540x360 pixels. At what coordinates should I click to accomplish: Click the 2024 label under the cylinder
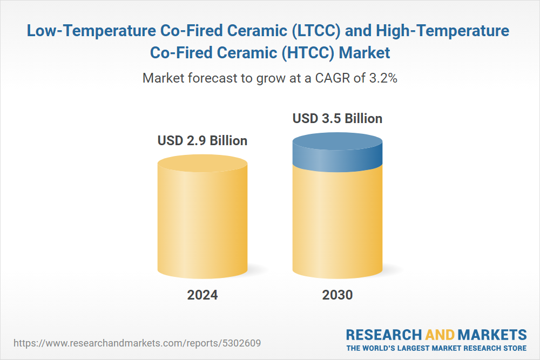pyautogui.click(x=202, y=295)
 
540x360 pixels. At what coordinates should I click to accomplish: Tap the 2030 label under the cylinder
pyautogui.click(x=337, y=295)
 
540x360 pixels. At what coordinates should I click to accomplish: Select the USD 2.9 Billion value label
pyautogui.click(x=202, y=140)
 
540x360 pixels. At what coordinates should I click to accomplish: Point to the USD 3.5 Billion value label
pyautogui.click(x=337, y=118)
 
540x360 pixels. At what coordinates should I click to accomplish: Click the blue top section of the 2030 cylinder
pyautogui.click(x=337, y=152)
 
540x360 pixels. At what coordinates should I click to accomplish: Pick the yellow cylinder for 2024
pyautogui.click(x=202, y=217)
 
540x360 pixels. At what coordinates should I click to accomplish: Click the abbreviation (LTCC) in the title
pyautogui.click(x=316, y=31)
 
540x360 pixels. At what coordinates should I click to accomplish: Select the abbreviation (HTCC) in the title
pyautogui.click(x=308, y=53)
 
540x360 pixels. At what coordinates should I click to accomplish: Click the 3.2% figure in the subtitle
pyautogui.click(x=383, y=78)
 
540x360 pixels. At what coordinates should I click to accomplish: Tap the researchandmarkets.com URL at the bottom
pyautogui.click(x=137, y=343)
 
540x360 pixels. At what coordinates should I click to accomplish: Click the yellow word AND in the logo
pyautogui.click(x=440, y=335)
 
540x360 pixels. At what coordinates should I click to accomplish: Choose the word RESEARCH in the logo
pyautogui.click(x=383, y=335)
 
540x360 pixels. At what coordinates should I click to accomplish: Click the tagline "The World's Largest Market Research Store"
pyautogui.click(x=436, y=348)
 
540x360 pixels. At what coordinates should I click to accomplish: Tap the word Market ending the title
pyautogui.click(x=364, y=53)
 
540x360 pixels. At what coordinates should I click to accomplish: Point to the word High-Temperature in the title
pyautogui.click(x=443, y=31)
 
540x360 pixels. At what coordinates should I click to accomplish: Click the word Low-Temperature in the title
pyautogui.click(x=92, y=31)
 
